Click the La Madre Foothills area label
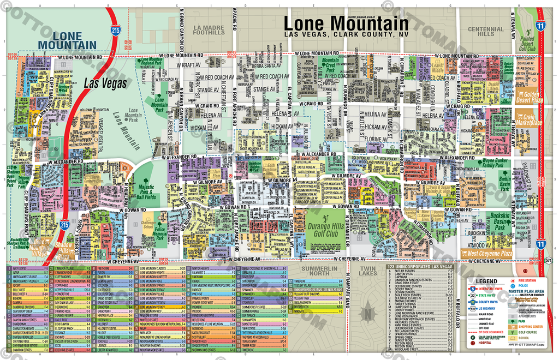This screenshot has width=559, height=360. coord(209,29)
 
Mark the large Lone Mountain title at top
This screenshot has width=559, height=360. coord(346,24)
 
